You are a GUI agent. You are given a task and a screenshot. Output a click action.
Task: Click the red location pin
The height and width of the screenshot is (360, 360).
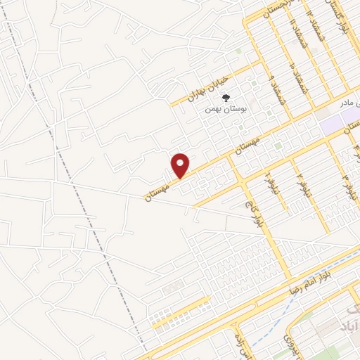tap(181, 165)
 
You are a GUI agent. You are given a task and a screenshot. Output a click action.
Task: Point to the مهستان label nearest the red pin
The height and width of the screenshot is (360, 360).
tap(158, 190)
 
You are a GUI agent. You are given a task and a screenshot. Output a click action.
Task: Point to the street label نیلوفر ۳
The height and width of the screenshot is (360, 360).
tap(346, 185)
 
